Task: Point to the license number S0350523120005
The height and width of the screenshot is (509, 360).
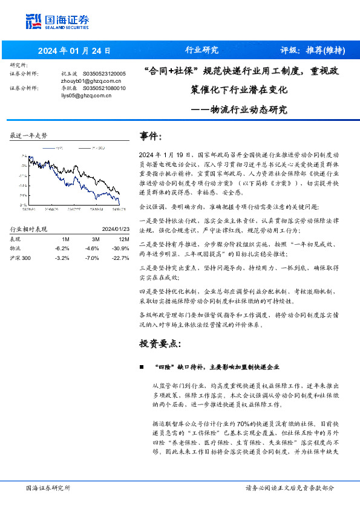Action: coord(104,73)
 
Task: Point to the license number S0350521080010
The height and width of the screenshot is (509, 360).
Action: coord(104,88)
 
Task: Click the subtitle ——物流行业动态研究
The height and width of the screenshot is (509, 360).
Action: coord(239,110)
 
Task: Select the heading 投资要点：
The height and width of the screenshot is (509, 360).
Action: coord(160,344)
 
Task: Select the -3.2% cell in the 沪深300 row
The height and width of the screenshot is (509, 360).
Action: coord(62,258)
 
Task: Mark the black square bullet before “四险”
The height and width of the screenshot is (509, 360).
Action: coord(142,367)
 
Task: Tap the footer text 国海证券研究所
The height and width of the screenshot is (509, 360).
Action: coord(48,488)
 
